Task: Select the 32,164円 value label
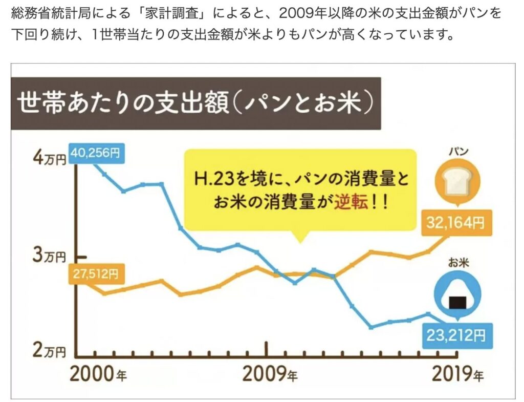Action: click(x=456, y=223)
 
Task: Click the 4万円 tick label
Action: click(x=51, y=158)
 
